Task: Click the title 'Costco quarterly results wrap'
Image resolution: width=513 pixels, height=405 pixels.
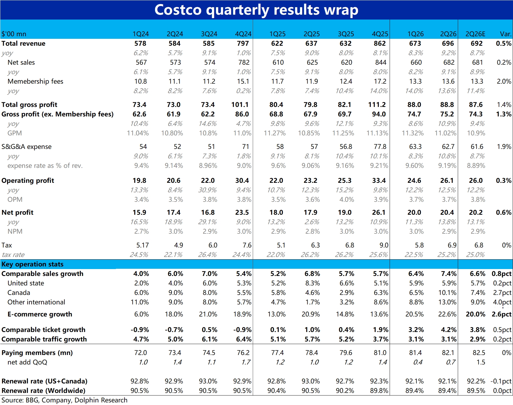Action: point(256,10)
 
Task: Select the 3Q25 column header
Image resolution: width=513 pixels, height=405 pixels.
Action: point(346,34)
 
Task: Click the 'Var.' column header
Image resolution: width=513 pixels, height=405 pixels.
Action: point(506,34)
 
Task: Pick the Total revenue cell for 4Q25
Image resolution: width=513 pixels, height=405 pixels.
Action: point(380,43)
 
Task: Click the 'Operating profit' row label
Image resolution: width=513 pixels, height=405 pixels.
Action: point(28,181)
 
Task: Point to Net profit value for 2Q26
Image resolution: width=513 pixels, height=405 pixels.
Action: point(447,212)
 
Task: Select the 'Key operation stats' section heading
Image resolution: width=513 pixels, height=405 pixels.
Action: point(32,264)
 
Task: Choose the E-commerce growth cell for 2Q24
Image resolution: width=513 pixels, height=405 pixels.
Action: point(174,314)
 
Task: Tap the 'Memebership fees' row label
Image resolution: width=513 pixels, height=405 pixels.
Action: point(35,81)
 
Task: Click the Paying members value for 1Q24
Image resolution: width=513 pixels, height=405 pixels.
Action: point(141,353)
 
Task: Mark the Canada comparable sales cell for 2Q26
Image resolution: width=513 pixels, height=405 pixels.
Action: point(449,293)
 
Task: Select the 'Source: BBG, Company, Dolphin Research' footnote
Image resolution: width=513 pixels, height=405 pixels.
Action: point(64,400)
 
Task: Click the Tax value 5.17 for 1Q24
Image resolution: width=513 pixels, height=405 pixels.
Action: point(143,245)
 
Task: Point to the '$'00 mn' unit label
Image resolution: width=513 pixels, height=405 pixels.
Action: point(14,34)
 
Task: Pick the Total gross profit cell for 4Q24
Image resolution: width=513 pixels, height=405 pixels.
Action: point(240,105)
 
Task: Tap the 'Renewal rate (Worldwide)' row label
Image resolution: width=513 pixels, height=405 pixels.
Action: point(43,391)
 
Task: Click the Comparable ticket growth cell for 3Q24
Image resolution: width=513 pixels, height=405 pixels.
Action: point(209,330)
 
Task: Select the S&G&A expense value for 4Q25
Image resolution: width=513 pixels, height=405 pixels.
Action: point(380,147)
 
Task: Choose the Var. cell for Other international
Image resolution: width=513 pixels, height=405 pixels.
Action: point(502,302)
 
